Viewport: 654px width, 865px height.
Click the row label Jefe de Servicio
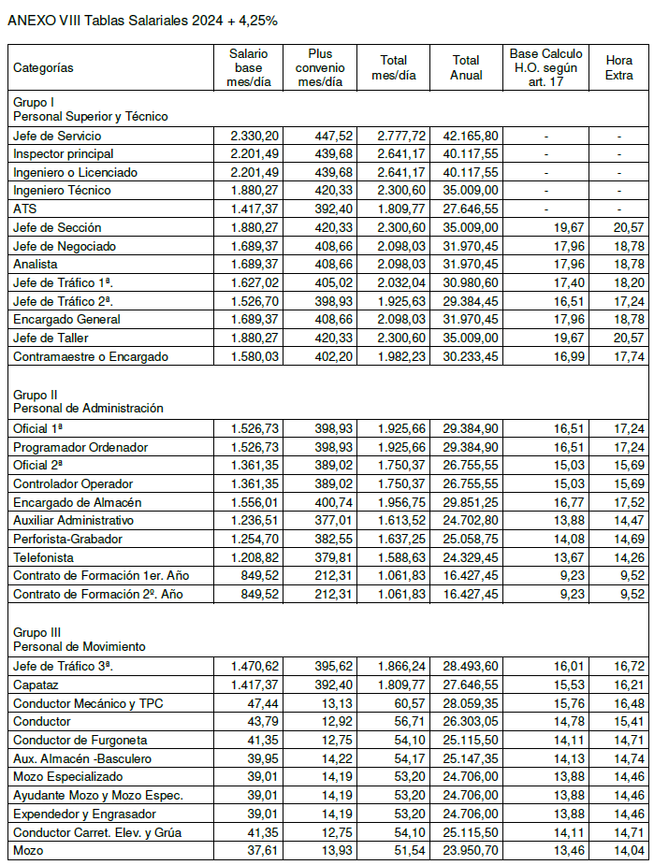pos(51,136)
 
